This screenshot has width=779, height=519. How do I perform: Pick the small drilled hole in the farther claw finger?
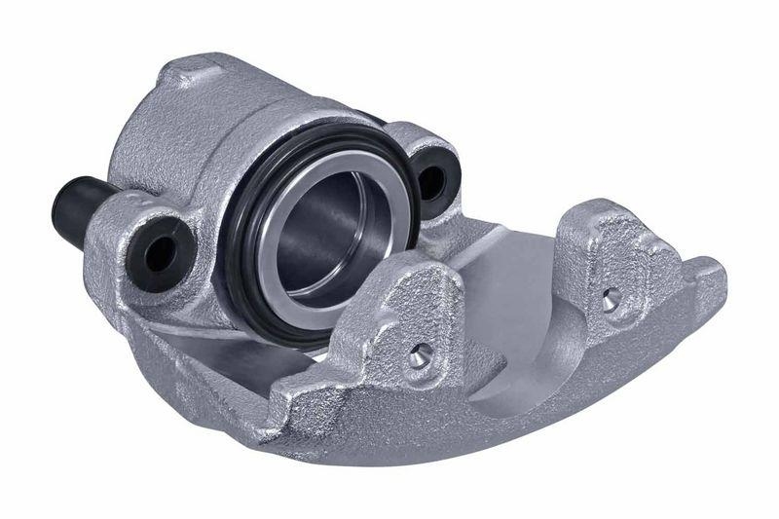pyautogui.click(x=612, y=297)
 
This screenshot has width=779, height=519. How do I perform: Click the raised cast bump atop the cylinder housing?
pyautogui.click(x=185, y=73)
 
